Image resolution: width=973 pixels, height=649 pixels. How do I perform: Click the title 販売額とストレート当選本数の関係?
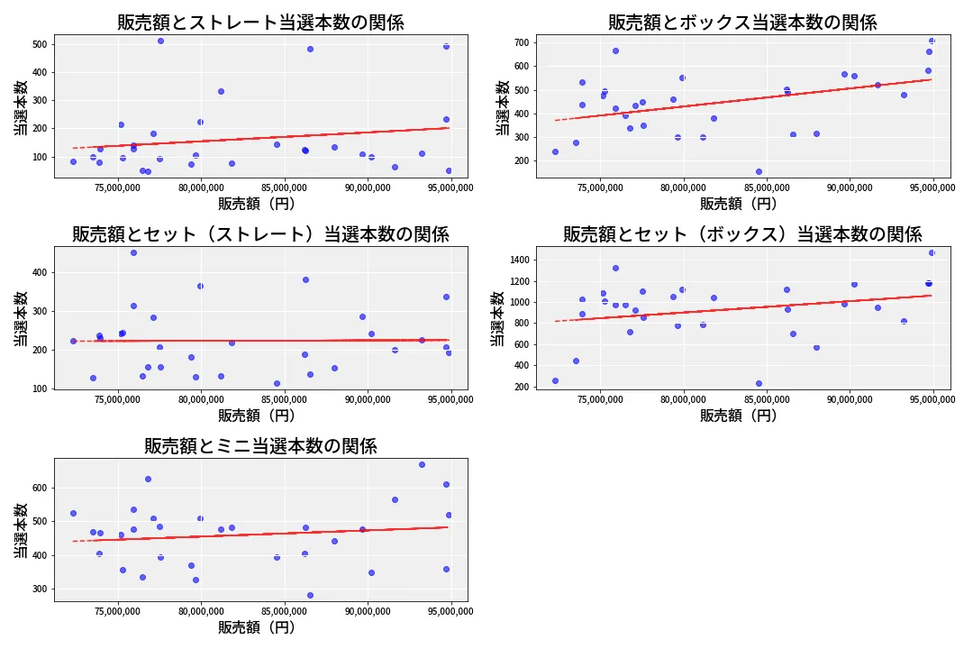[260, 23]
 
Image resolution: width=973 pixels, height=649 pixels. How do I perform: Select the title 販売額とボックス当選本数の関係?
[742, 23]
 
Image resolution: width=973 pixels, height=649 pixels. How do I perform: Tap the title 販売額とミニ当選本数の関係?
[260, 446]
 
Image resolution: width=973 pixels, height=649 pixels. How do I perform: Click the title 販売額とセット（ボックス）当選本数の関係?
[742, 234]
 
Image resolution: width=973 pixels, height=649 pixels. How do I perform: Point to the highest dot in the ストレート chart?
[160, 41]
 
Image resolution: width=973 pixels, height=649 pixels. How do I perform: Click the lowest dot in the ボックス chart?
[759, 171]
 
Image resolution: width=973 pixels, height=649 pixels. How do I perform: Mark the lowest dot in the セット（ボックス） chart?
[759, 383]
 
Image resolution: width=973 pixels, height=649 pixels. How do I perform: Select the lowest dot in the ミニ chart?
[310, 595]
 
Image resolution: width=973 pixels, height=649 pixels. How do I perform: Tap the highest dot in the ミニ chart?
[422, 464]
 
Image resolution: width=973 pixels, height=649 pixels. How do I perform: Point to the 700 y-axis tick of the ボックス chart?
[520, 42]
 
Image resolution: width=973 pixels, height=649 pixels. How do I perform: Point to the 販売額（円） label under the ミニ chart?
[257, 627]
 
